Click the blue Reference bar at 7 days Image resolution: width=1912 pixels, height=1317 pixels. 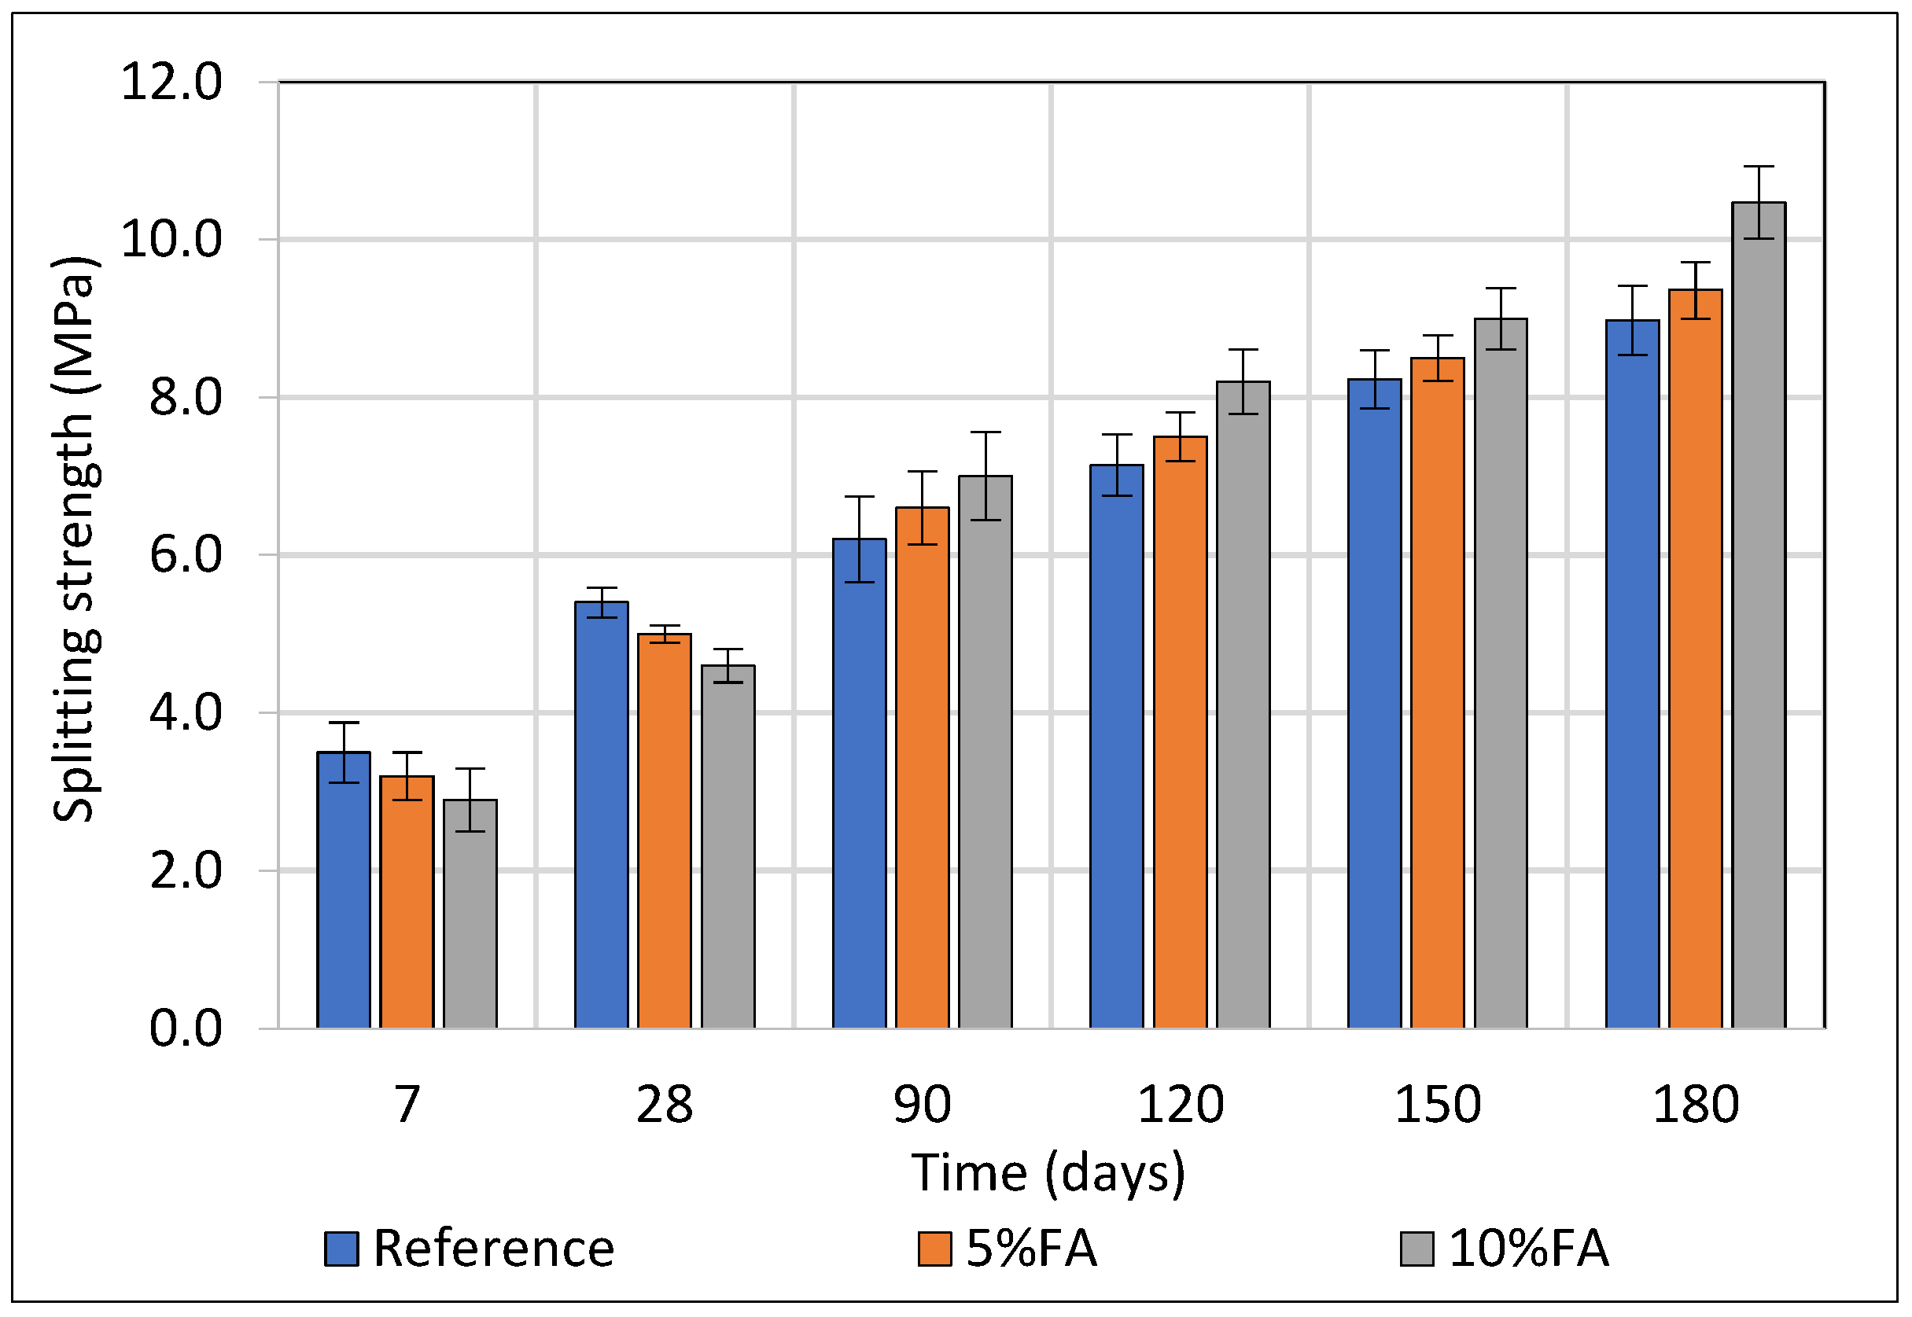click(343, 890)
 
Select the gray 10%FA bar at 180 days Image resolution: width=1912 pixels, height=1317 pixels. click(1758, 616)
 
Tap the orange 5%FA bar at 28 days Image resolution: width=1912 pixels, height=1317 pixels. click(665, 831)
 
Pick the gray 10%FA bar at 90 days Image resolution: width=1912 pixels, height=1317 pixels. click(985, 752)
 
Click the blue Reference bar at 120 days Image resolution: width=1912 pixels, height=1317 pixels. click(1117, 747)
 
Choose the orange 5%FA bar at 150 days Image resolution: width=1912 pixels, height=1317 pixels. click(1438, 693)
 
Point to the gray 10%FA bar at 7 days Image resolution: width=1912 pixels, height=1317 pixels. click(470, 914)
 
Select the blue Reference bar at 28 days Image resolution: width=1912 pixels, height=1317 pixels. click(602, 815)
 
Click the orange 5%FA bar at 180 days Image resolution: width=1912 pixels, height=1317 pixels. click(1695, 660)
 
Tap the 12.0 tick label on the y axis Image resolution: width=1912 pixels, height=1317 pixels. click(171, 82)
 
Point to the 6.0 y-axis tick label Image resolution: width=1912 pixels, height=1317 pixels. click(186, 554)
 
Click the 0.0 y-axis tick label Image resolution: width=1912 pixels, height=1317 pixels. click(186, 1028)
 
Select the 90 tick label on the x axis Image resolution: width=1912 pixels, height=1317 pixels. click(923, 1105)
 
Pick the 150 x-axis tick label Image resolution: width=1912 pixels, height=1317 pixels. click(1438, 1105)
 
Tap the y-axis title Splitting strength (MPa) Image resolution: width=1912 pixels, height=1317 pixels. click(76, 539)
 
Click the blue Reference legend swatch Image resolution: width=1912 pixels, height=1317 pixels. click(341, 1249)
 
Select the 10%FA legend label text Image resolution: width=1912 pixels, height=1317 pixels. click(1529, 1249)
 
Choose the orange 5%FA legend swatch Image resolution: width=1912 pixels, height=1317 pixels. click(934, 1249)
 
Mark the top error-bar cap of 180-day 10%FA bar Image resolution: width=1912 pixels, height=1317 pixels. click(1758, 167)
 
